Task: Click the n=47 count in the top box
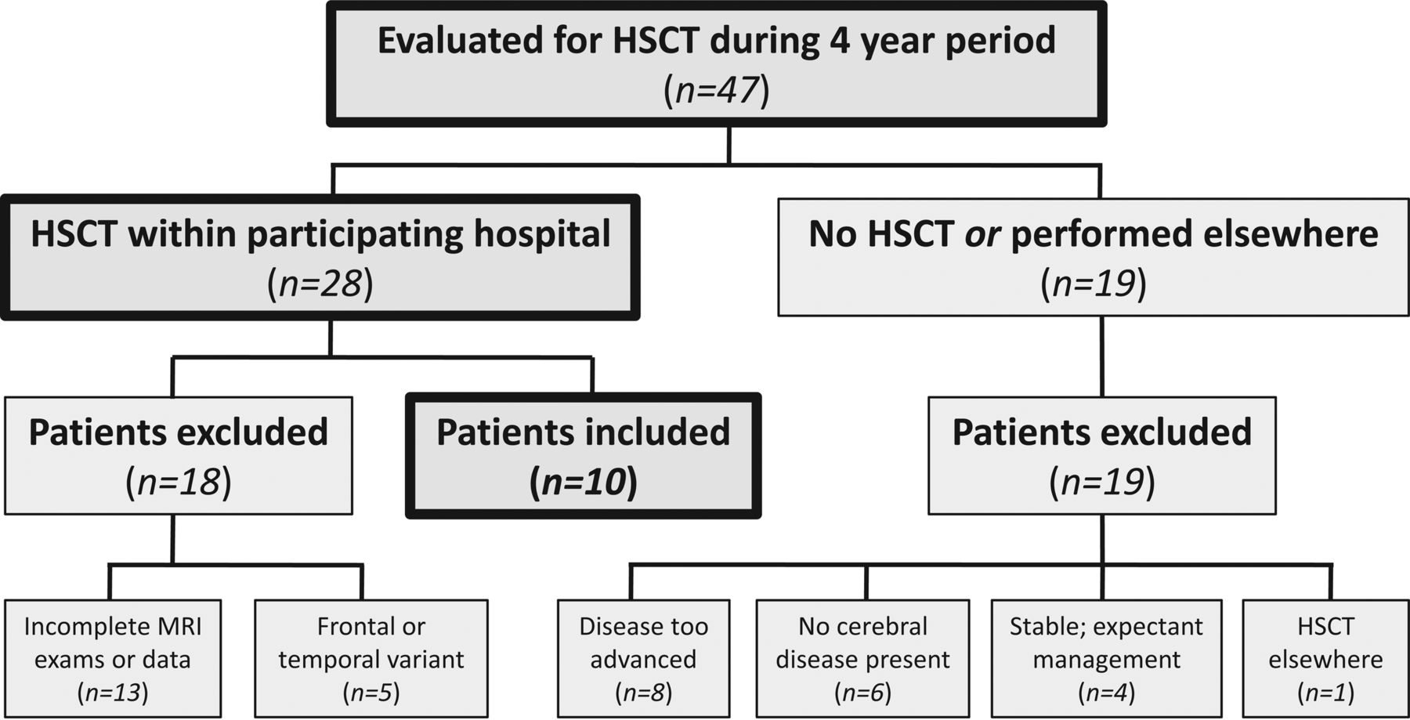pos(716,90)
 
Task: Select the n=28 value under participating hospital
pos(320,284)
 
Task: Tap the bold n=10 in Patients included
pos(584,482)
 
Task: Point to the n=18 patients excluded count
pos(179,482)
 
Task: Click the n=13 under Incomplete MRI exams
pos(113,693)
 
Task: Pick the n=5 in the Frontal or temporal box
pos(371,693)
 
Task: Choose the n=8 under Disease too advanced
pos(643,693)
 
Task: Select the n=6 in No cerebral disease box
pos(862,693)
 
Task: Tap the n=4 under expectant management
pos(1106,693)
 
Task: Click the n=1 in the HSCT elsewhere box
pos(1325,693)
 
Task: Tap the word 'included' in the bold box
pos(655,432)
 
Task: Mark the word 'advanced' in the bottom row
pos(643,660)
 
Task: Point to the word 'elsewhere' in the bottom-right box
pos(1325,660)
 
